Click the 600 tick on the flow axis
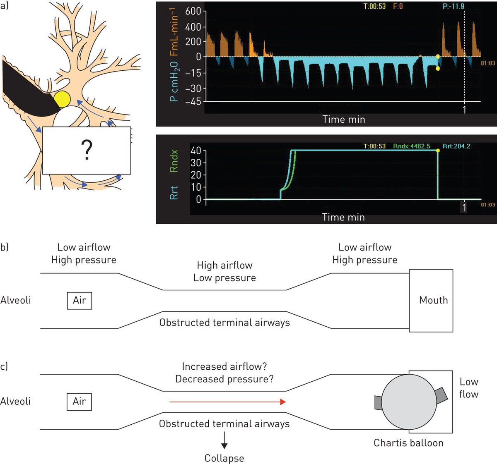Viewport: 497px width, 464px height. tap(193, 12)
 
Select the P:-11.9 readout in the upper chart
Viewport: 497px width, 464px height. tap(453, 7)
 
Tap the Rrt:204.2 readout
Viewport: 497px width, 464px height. tap(456, 146)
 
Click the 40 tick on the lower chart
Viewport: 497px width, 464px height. tap(195, 151)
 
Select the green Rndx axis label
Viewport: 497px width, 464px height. tap(174, 161)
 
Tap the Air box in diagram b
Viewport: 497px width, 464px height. tap(80, 300)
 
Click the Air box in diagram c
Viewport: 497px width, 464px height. tap(79, 401)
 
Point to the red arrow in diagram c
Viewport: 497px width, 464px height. tap(227, 402)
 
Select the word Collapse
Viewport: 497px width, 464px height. tap(224, 458)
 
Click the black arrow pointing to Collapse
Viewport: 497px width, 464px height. tap(224, 440)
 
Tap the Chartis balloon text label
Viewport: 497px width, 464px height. tap(408, 443)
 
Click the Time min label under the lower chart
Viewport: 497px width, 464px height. tap(343, 218)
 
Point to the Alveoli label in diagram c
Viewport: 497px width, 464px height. tap(16, 401)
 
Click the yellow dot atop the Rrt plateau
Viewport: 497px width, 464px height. tap(438, 151)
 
